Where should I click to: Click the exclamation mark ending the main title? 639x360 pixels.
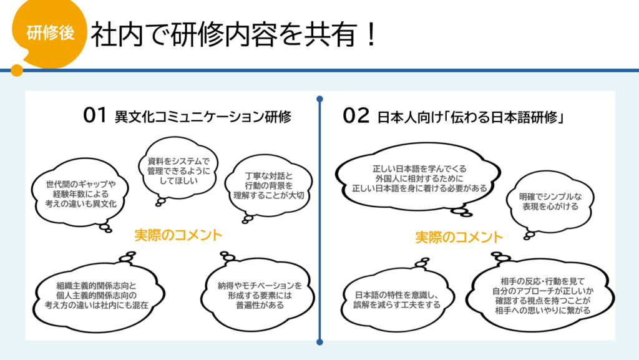(x=371, y=34)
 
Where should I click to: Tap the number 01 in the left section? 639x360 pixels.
(x=95, y=115)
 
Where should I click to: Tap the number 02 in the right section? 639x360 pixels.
(x=355, y=115)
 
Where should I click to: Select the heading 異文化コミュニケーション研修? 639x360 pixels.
(x=203, y=117)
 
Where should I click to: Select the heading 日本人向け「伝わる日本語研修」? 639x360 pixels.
(x=471, y=117)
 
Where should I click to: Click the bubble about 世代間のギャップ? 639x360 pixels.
(x=80, y=194)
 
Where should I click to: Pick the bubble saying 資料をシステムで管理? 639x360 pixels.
(x=178, y=171)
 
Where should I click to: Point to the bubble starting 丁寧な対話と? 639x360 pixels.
(x=268, y=186)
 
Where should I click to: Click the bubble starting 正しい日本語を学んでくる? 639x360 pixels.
(x=419, y=178)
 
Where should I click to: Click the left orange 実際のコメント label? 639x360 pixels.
(x=178, y=235)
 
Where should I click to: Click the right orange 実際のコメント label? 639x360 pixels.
(x=459, y=237)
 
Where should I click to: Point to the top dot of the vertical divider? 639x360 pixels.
(x=320, y=99)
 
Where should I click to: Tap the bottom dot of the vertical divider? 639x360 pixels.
(x=320, y=342)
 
